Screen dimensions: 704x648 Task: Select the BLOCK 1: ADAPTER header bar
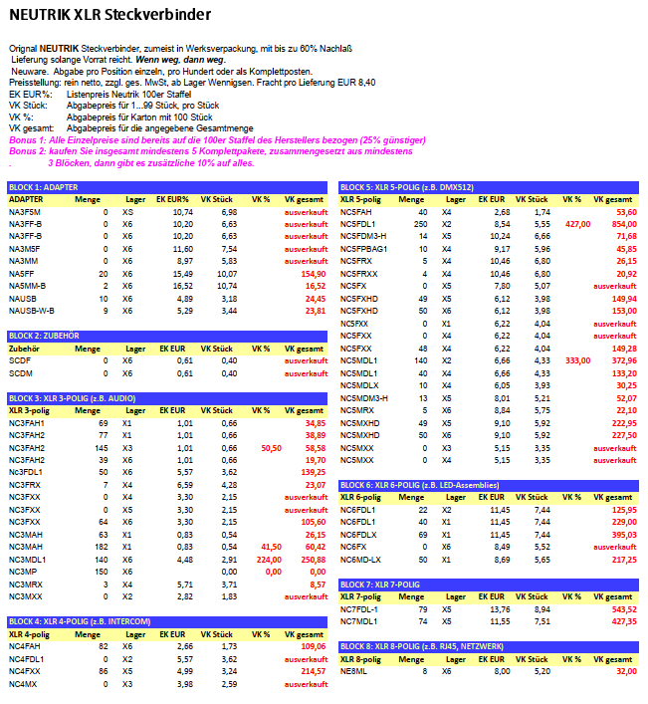[167, 187]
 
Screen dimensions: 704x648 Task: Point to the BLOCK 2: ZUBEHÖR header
[167, 337]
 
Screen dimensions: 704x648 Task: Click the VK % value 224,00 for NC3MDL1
[267, 559]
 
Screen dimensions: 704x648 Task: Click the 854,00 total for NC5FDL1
[622, 225]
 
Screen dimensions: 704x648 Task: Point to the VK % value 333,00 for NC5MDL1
[577, 359]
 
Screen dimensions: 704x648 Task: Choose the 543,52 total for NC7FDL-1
[622, 608]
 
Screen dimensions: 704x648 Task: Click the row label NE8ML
[353, 670]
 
